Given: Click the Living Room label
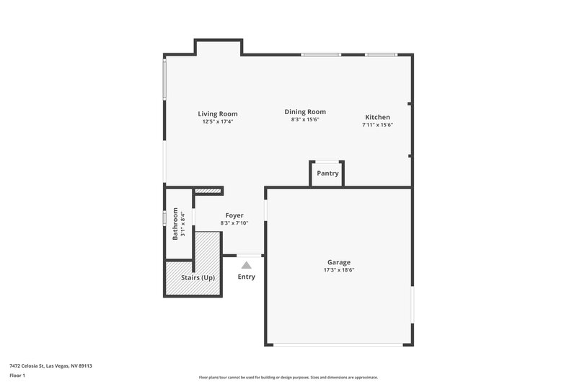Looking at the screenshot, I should click(218, 113).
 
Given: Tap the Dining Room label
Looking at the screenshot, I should click(305, 112).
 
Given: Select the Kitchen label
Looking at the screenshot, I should click(377, 117).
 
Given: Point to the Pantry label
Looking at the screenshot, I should click(327, 173).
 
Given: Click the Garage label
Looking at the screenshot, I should click(339, 262).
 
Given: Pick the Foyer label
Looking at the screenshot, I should click(234, 215).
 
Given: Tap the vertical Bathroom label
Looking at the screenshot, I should click(175, 224).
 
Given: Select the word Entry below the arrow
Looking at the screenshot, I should click(246, 277).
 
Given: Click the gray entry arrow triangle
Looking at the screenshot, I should click(246, 265).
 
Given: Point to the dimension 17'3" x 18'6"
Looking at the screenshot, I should click(339, 270).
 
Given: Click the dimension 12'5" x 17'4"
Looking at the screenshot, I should click(218, 121).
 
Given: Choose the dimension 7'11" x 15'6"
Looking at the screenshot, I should click(377, 125).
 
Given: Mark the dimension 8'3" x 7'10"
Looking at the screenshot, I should click(234, 223).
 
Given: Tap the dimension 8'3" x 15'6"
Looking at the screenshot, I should click(305, 120).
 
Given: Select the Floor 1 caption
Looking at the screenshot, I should click(17, 376).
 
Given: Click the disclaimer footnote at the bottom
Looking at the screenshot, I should click(288, 377).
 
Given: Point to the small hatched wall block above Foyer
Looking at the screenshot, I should click(208, 191).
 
